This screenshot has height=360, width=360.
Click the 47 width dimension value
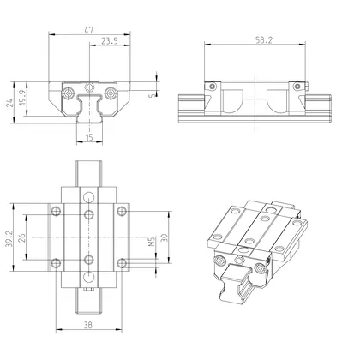click(90, 30)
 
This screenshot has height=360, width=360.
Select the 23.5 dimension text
click(109, 41)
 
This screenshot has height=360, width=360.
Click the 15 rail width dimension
click(90, 137)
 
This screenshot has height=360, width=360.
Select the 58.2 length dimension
click(252, 39)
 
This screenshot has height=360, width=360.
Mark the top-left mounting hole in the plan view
click(57, 211)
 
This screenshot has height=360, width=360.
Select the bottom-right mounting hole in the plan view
click(122, 261)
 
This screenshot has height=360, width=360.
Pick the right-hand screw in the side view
click(296, 86)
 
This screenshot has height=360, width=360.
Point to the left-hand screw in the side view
click(207, 86)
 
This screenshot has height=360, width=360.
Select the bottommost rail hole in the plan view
click(89, 275)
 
